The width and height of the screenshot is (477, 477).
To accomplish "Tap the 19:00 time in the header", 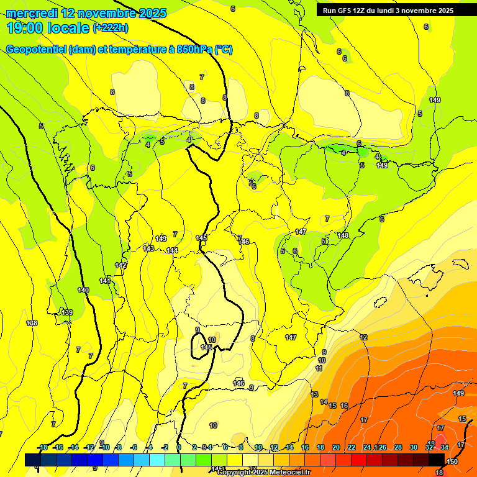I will (26, 28).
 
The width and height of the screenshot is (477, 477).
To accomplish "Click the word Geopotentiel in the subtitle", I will (36, 50).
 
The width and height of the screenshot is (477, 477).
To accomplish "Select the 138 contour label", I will (32, 323).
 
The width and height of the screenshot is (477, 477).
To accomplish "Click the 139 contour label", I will (68, 312).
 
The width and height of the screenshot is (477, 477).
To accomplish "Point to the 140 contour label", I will (83, 290).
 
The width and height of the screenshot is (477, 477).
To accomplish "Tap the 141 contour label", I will (105, 281).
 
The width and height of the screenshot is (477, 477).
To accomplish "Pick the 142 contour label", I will (120, 265).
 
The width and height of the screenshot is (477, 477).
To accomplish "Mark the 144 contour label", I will (172, 250).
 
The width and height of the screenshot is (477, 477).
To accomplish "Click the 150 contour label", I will (452, 461).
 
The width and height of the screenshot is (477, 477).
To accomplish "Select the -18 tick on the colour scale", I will (42, 447).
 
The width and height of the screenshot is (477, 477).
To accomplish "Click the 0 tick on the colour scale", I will (179, 447).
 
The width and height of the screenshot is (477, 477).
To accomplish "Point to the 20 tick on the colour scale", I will (336, 447).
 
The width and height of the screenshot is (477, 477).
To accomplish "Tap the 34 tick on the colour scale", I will (444, 447).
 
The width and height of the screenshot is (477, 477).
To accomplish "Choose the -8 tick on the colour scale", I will (118, 447).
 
